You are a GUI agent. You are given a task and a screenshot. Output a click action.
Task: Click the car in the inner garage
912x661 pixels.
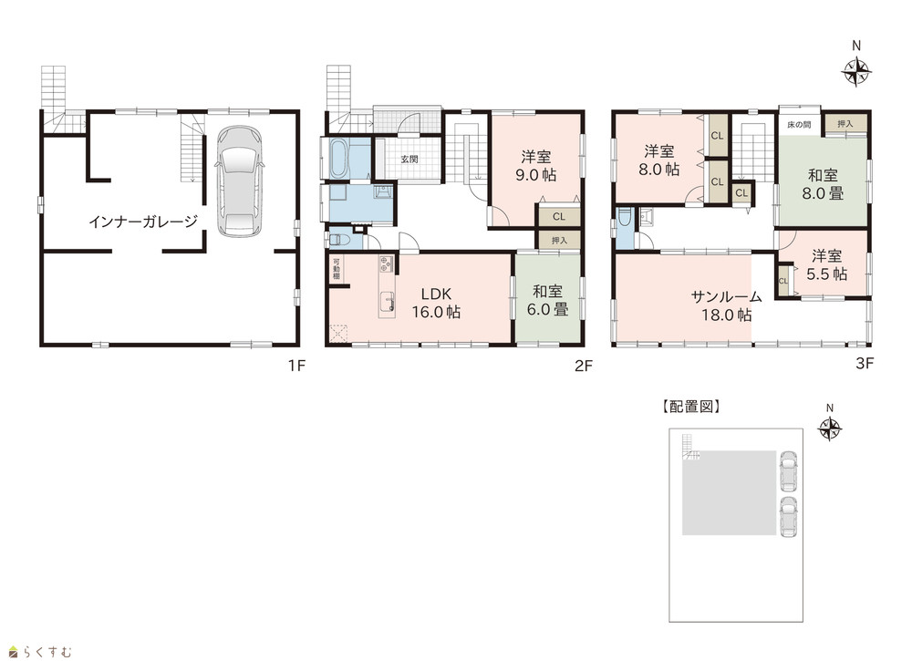coord(240,181)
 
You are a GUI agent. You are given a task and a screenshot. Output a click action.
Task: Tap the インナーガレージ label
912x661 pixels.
coord(143,222)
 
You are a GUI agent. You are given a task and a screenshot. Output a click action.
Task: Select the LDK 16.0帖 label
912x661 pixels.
coord(436,303)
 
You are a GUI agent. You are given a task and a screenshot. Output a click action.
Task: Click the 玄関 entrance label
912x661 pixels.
coord(409,159)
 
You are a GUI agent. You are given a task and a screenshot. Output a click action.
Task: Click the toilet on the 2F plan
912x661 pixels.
coord(338,240)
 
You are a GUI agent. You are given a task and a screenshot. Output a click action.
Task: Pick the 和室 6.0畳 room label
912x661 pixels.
coord(547,300)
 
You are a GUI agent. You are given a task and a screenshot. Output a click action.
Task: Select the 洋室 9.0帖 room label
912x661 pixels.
coord(535,166)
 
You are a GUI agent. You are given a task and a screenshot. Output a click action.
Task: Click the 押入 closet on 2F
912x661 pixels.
coord(559,240)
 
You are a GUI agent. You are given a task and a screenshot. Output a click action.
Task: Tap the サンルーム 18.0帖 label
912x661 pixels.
coord(727,305)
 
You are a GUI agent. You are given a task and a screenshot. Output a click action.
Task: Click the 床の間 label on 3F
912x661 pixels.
coord(799,124)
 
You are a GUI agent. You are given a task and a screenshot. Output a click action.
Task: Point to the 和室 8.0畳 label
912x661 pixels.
coord(823,184)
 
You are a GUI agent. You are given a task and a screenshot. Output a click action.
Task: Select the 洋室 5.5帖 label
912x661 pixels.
coord(826,265)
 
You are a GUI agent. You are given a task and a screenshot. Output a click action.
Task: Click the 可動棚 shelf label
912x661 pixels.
coord(337,269)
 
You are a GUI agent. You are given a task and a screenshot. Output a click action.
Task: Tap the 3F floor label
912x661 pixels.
coord(865,364)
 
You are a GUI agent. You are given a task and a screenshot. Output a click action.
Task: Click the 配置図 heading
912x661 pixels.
coord(691,407)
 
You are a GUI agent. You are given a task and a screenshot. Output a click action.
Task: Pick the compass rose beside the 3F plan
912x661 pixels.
coord(856,73)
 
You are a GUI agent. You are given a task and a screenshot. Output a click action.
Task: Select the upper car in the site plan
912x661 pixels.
coord(788,470)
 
